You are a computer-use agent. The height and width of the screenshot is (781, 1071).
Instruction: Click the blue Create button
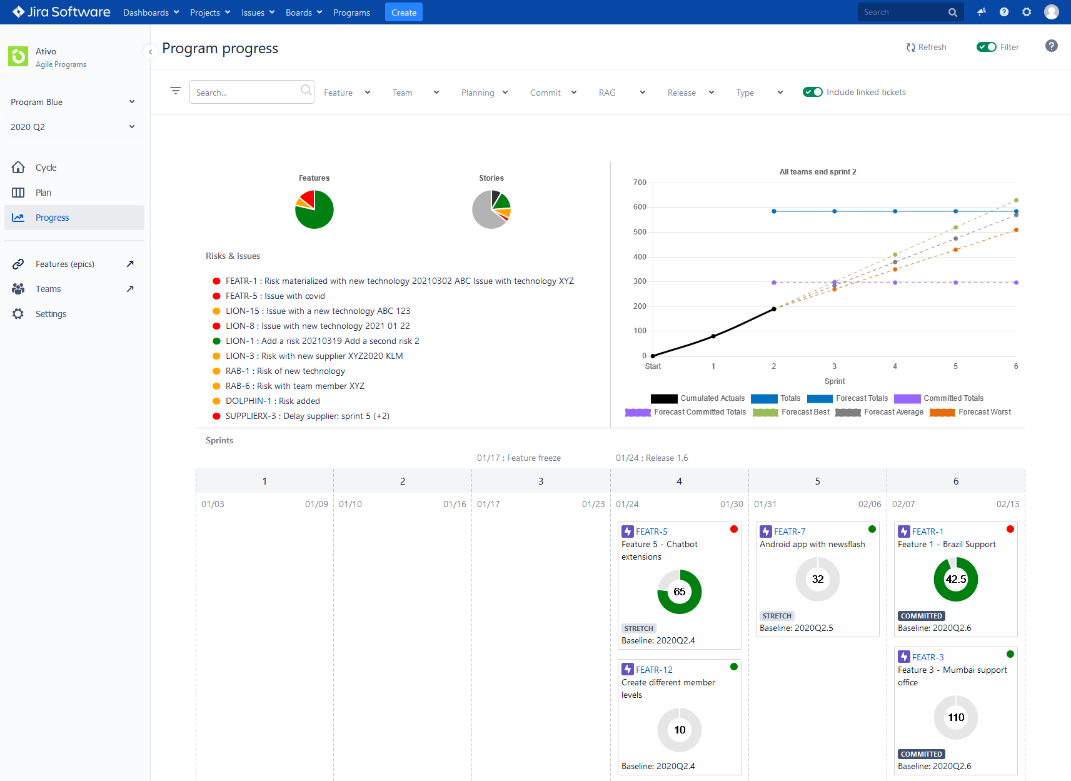pos(403,13)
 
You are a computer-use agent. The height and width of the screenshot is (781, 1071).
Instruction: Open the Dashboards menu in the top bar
pos(151,13)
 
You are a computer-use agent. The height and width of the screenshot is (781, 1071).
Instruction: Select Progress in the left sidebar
pos(53,218)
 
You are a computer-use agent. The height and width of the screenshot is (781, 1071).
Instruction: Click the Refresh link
pos(927,47)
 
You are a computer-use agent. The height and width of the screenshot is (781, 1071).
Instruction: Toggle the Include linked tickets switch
pos(812,92)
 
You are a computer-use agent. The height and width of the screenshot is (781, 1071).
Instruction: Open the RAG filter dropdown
pos(621,93)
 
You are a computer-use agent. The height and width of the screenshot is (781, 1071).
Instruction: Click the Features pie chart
pos(314,209)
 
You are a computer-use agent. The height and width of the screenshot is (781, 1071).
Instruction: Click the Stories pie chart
pos(491,209)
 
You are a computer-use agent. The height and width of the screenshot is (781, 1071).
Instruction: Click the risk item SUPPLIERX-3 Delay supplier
pos(307,416)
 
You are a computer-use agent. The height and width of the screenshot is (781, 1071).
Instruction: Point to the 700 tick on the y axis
pos(640,183)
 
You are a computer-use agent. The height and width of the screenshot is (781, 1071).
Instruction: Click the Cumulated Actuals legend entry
pos(698,398)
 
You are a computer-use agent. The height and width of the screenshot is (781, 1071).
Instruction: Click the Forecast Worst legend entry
pos(970,412)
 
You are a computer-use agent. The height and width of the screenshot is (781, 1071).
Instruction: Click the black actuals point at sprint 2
pos(773,309)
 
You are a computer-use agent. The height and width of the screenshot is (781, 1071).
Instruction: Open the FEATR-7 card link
pos(790,532)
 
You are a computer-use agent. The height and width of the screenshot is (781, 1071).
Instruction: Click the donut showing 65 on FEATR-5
pos(679,592)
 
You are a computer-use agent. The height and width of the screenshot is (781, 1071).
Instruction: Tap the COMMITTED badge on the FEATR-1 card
pos(921,616)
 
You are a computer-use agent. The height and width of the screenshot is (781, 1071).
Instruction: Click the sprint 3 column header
pos(541,481)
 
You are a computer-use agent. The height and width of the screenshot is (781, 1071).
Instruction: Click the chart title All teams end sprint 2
pos(817,172)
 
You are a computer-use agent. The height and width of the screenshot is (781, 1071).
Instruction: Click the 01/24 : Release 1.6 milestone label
pos(651,458)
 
